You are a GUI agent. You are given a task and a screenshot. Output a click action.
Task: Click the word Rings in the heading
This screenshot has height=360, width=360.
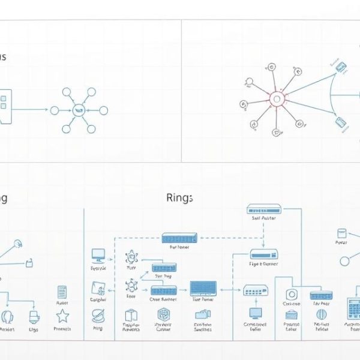click(179, 198)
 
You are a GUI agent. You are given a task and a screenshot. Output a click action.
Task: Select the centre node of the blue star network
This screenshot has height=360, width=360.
click(79, 110)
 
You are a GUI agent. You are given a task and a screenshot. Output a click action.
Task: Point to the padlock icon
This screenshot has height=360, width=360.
click(28, 263)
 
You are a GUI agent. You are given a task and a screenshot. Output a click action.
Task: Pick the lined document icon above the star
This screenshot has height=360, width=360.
click(62, 292)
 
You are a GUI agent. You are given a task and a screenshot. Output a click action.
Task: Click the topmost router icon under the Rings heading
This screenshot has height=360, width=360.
click(265, 209)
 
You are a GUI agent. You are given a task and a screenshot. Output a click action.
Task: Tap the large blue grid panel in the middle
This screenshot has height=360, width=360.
click(203, 289)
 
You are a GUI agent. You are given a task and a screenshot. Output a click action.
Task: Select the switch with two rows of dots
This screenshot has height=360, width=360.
click(256, 292)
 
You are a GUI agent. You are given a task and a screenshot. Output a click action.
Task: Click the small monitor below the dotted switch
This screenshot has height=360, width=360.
click(256, 313)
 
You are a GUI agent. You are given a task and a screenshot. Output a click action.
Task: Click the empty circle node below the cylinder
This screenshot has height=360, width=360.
click(344, 261)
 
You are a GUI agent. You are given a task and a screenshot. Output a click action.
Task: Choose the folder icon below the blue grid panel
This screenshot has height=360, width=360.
click(203, 314)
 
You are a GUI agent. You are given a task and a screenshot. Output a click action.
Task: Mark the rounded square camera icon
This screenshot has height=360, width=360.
click(292, 295)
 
